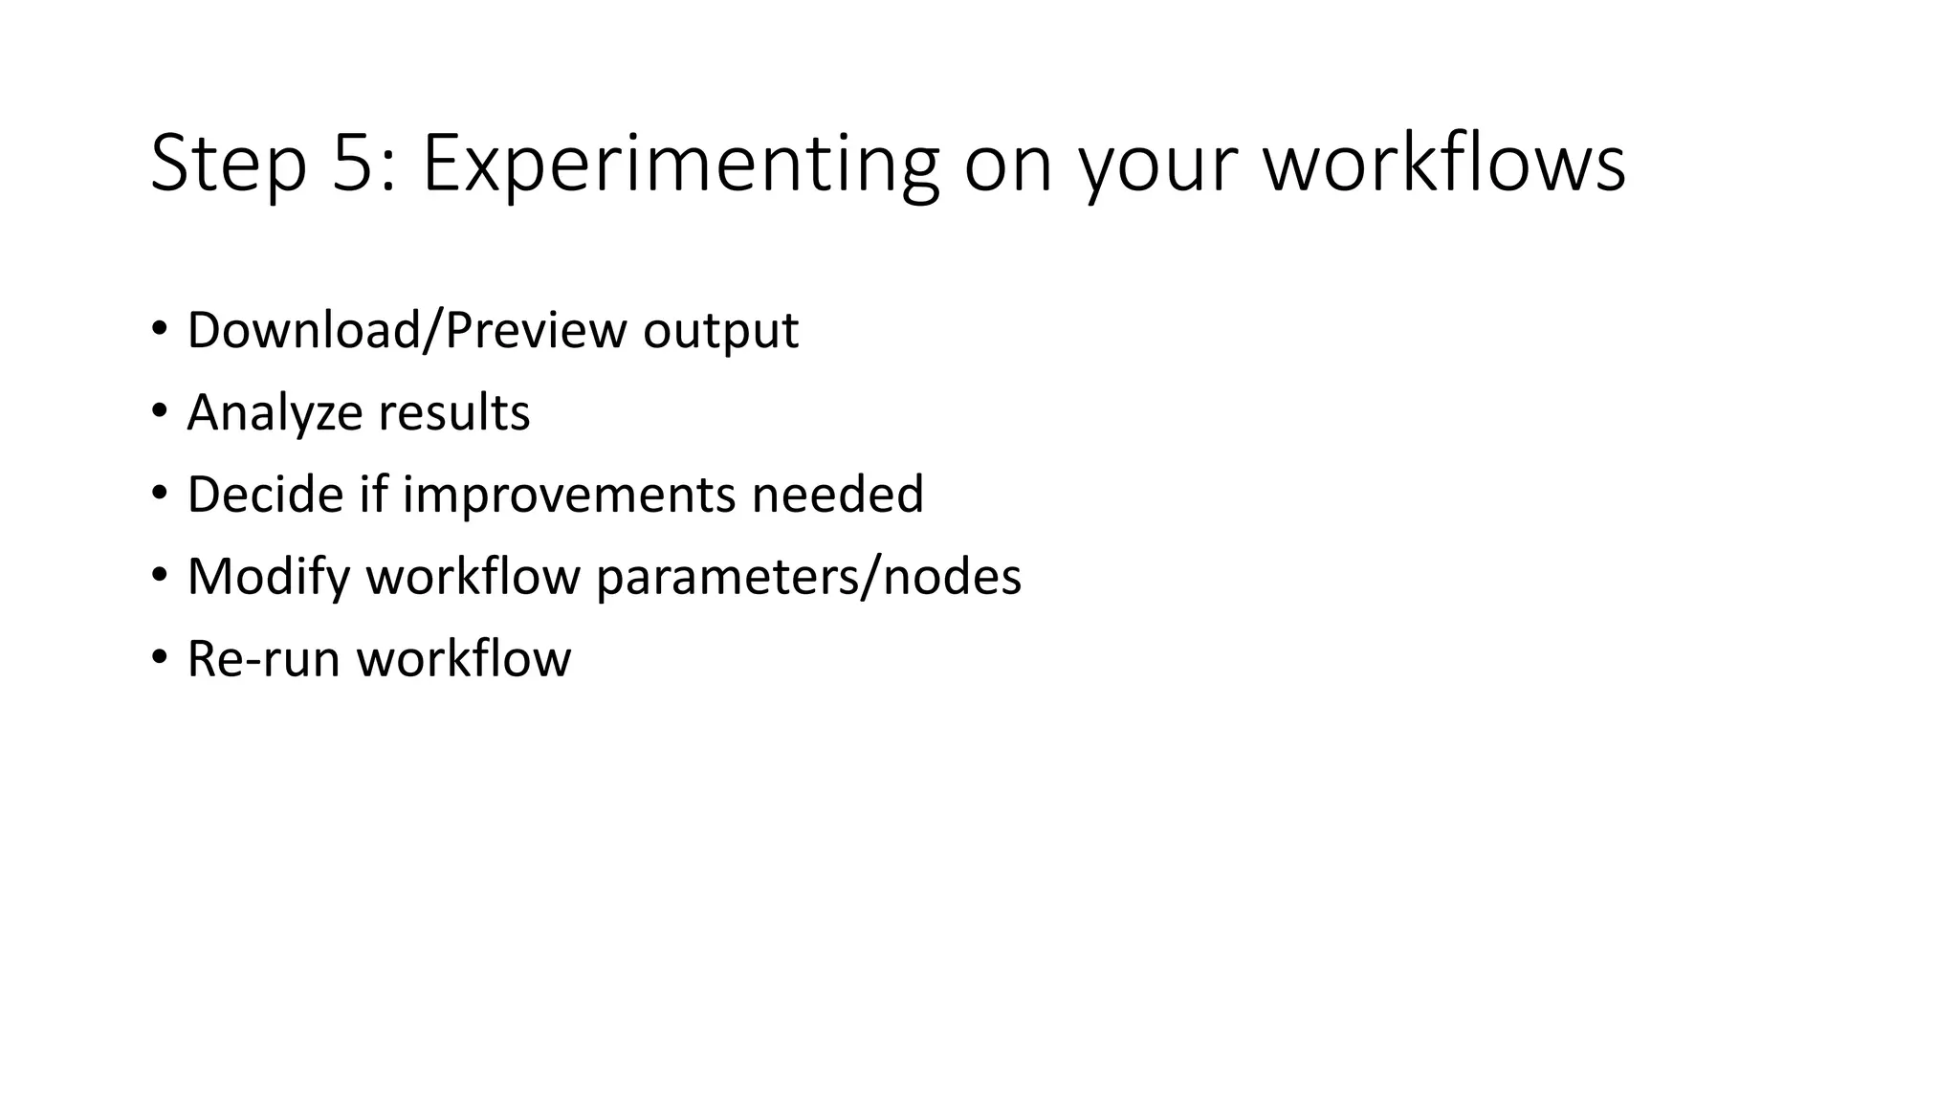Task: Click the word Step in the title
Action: pyautogui.click(x=229, y=164)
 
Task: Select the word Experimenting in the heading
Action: pyautogui.click(x=680, y=164)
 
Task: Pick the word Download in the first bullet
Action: pyautogui.click(x=303, y=331)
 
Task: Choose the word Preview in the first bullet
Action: pyautogui.click(x=536, y=331)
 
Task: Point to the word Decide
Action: pyautogui.click(x=265, y=495)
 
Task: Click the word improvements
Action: pyautogui.click(x=569, y=496)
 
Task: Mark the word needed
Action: pyautogui.click(x=838, y=495)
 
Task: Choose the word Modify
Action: pyautogui.click(x=269, y=578)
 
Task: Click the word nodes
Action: pyautogui.click(x=952, y=578)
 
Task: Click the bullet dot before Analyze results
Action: pyautogui.click(x=159, y=411)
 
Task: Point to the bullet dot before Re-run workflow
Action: pyautogui.click(x=159, y=658)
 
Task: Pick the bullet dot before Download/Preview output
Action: pyautogui.click(x=159, y=329)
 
